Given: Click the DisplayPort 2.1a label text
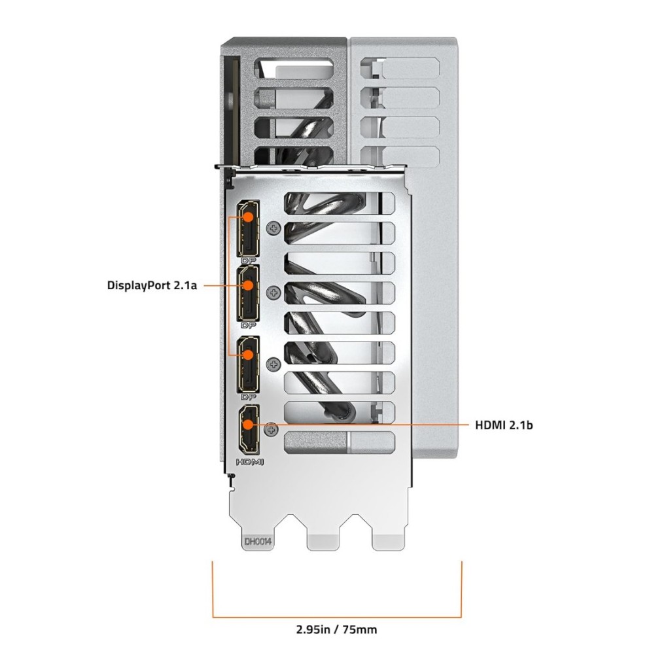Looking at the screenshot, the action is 152,285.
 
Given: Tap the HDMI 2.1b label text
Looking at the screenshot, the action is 504,425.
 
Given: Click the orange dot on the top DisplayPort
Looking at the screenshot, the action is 248,216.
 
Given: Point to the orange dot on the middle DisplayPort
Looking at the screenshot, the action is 248,285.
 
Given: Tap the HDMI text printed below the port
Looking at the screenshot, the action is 250,462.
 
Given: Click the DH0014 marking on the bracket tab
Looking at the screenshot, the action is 258,542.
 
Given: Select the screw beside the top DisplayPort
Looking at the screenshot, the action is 273,228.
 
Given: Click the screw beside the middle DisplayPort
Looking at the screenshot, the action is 273,292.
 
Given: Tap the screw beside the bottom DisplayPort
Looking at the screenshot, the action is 273,364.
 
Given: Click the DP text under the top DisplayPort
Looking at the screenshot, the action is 248,260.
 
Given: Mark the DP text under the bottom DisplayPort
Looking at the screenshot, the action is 248,397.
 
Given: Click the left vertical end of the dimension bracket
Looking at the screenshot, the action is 213,589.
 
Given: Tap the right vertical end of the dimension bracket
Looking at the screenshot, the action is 461,589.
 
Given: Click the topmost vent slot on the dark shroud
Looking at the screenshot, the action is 294,68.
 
